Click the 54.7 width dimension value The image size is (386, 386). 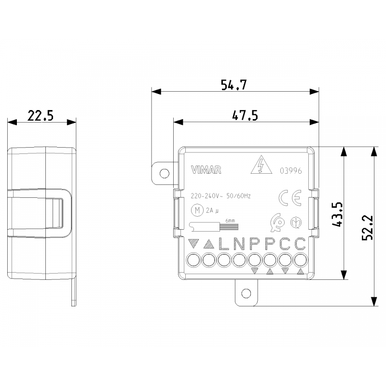[234, 85]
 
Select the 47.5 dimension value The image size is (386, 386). [245, 115]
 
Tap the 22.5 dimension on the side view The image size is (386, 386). [40, 116]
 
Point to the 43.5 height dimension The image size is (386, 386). [337, 213]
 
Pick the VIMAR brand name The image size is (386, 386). [206, 169]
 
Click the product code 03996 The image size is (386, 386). [290, 170]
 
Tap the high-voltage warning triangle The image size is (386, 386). [261, 166]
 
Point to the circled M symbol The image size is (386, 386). [196, 210]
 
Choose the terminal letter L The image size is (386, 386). [223, 244]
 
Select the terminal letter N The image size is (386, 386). [239, 244]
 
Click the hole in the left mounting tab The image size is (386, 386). [165, 173]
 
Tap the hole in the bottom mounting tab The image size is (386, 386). [247, 292]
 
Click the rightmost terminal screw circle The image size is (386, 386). [301, 261]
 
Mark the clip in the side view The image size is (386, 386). [41, 212]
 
